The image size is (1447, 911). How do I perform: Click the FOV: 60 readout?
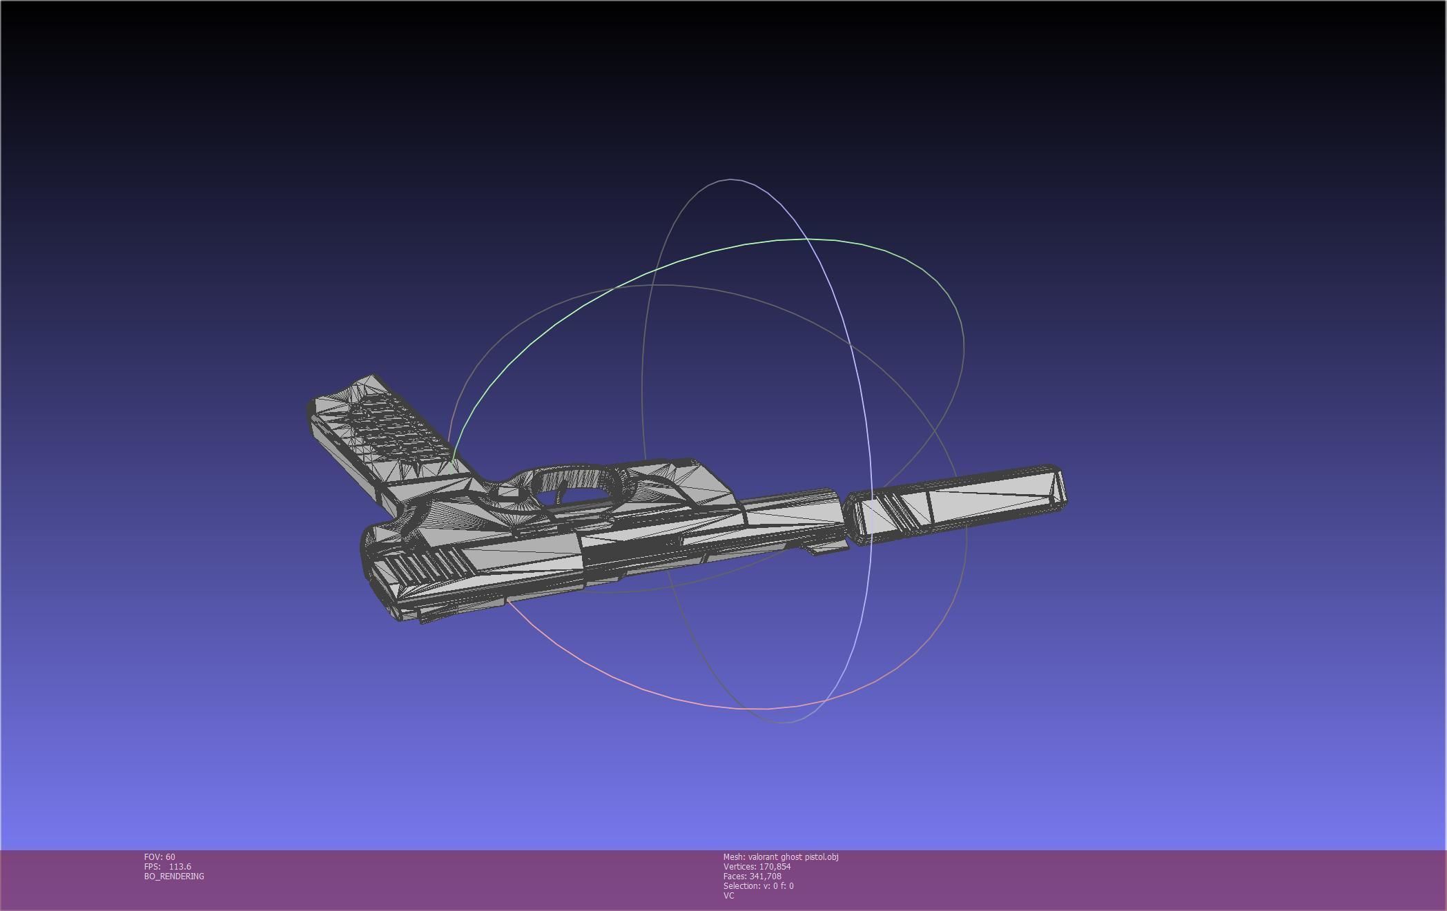159,857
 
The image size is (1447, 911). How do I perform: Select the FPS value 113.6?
179,867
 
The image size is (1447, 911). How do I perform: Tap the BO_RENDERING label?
174,876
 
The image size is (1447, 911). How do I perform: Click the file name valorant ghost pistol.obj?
793,857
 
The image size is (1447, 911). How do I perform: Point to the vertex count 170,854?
775,867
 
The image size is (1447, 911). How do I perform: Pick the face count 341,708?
765,876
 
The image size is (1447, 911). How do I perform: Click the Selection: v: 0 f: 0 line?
758,886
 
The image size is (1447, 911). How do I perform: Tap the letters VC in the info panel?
729,896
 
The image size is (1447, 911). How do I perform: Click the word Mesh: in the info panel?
735,857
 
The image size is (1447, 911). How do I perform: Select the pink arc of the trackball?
621,676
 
